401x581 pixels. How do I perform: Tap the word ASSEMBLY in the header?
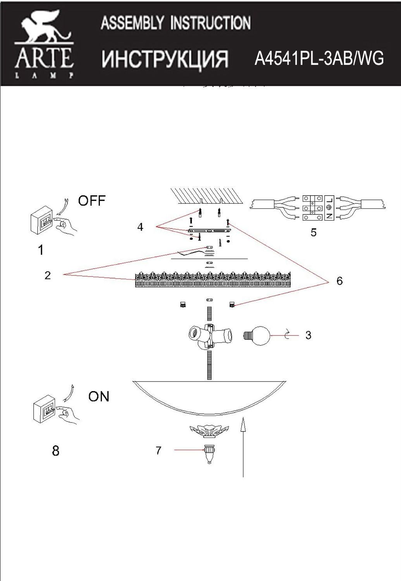pos(132,23)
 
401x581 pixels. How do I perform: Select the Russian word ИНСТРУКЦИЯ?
pos(165,59)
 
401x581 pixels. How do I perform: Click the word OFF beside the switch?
pos(92,201)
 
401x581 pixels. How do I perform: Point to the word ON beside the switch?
pos(99,396)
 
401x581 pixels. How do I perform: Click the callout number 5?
pos(313,232)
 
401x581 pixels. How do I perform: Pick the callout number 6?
pos(339,281)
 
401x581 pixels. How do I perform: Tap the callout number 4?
pos(140,227)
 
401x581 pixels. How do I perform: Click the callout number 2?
pos(48,275)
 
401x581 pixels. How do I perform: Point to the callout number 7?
pos(158,450)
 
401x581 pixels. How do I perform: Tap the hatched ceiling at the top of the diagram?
pos(207,196)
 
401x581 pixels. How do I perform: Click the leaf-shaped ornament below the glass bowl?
pos(209,430)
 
